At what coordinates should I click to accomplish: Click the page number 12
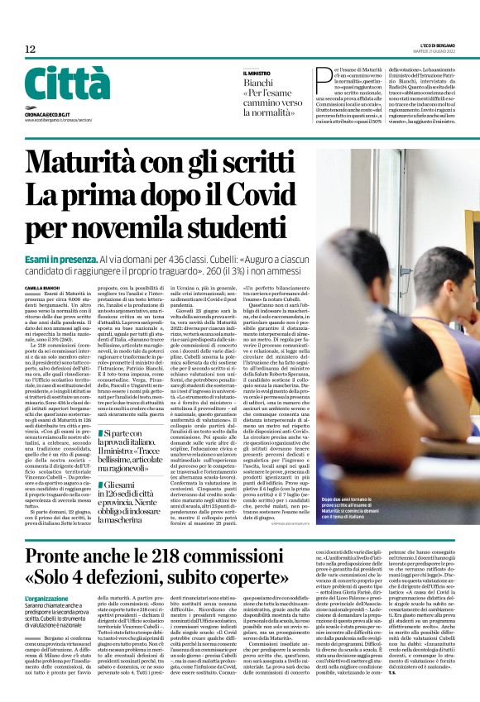[x=30, y=50]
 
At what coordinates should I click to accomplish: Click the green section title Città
[x=56, y=84]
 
